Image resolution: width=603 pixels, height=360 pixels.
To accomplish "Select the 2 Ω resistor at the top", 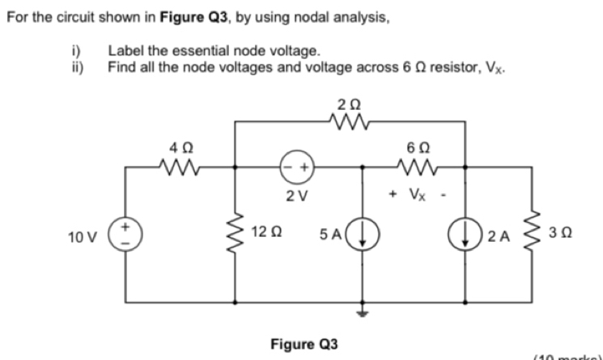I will pos(349,122).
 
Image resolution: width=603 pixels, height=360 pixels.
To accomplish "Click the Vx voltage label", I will pos(414,195).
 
